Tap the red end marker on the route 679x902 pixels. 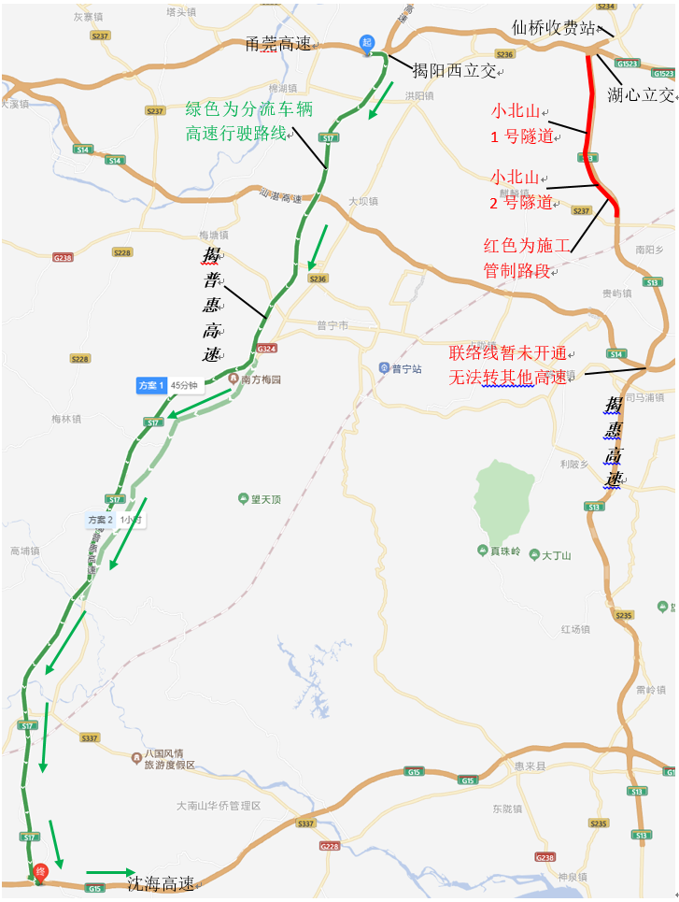(x=40, y=871)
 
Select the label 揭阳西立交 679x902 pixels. (x=455, y=70)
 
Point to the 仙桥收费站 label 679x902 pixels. (x=554, y=27)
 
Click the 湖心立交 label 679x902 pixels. (x=640, y=93)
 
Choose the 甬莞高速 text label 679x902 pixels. (x=277, y=44)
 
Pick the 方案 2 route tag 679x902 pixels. (x=100, y=519)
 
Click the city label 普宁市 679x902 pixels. (x=332, y=325)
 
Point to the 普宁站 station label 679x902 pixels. (x=403, y=368)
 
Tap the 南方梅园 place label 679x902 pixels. (x=260, y=379)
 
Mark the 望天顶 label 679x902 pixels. (x=264, y=499)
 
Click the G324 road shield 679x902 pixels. (x=267, y=349)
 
